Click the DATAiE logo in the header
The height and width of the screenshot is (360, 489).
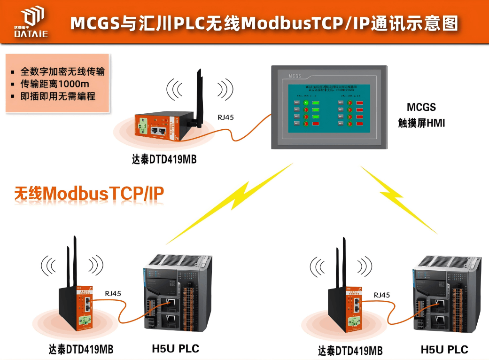tap(31, 22)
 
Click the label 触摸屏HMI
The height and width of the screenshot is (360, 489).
tap(421, 123)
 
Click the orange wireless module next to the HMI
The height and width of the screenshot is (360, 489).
tap(157, 126)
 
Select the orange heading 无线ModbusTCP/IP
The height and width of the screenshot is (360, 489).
tap(90, 194)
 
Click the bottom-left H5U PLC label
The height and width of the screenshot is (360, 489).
tap(175, 349)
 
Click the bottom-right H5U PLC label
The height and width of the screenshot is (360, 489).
tap(444, 350)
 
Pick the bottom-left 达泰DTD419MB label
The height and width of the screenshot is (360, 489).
tap(81, 349)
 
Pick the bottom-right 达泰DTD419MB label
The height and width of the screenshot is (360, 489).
tap(350, 351)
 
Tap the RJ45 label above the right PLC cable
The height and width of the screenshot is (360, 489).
tap(381, 295)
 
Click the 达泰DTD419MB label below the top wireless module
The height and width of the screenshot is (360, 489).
tap(164, 159)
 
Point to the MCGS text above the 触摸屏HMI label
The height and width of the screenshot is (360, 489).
tap(421, 107)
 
